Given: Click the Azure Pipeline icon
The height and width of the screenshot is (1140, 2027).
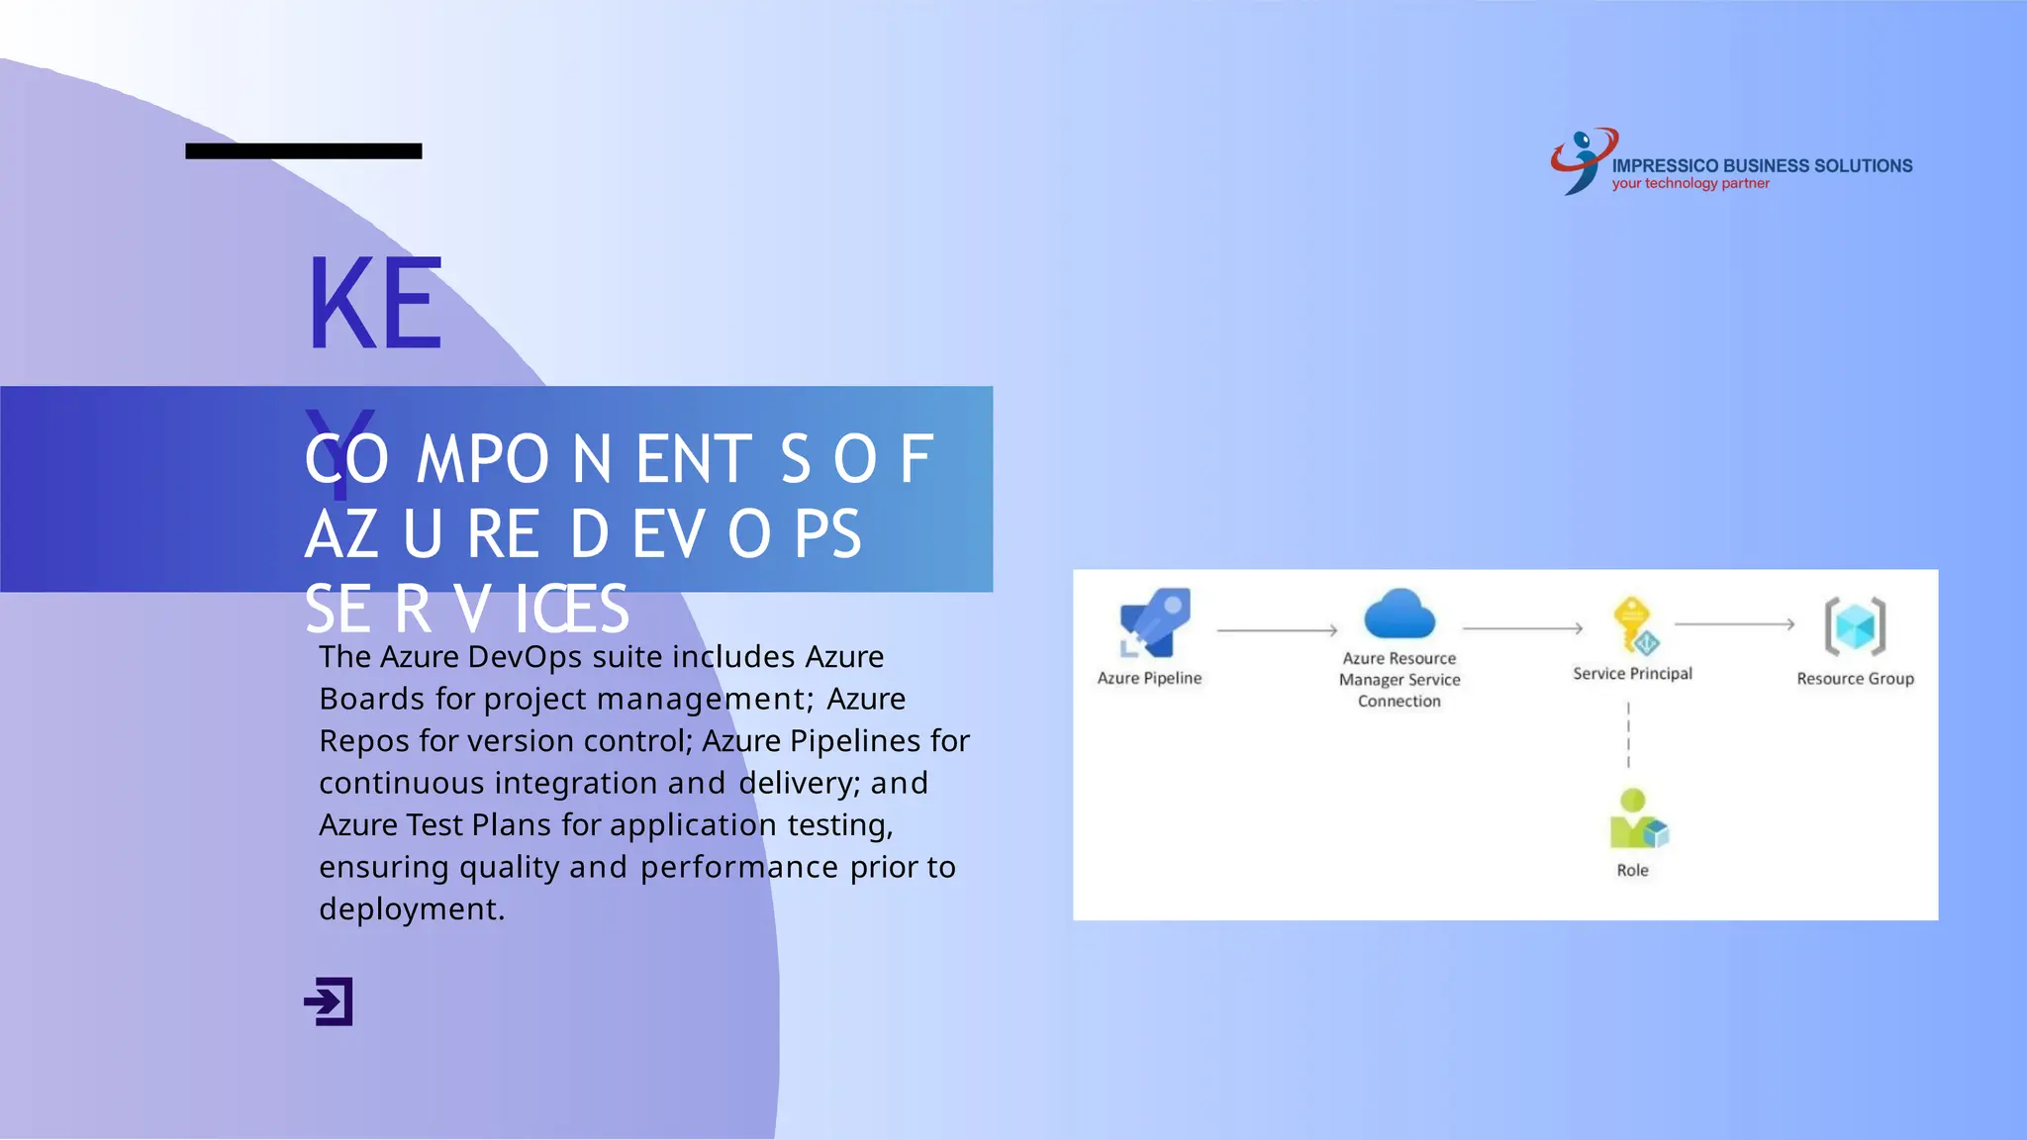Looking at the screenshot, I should [1154, 622].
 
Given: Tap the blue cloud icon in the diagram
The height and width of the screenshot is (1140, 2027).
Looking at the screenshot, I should [1399, 615].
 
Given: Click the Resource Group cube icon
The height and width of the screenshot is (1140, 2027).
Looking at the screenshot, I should [1855, 626].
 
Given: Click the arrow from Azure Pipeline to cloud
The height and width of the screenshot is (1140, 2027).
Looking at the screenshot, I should [1277, 630].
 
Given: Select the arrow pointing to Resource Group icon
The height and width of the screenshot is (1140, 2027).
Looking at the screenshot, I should [1734, 624].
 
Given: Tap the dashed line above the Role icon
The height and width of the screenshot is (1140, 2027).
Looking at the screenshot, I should [1628, 735].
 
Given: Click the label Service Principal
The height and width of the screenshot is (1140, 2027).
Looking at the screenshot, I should [1632, 674].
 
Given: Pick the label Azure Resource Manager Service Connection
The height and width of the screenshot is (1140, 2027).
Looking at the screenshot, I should [1399, 680].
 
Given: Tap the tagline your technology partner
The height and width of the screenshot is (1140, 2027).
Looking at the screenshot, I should [1689, 184].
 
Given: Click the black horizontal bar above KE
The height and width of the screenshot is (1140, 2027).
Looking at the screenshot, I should [303, 151].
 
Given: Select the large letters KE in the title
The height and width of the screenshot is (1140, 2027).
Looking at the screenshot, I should [374, 305].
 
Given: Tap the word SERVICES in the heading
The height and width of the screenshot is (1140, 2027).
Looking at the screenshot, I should [466, 609].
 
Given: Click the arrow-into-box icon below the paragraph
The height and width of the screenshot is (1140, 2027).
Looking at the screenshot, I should [329, 1001].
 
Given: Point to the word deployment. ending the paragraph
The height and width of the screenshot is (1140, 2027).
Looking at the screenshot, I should [412, 908].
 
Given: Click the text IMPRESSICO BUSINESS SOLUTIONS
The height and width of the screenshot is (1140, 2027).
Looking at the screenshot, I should [1762, 165].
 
